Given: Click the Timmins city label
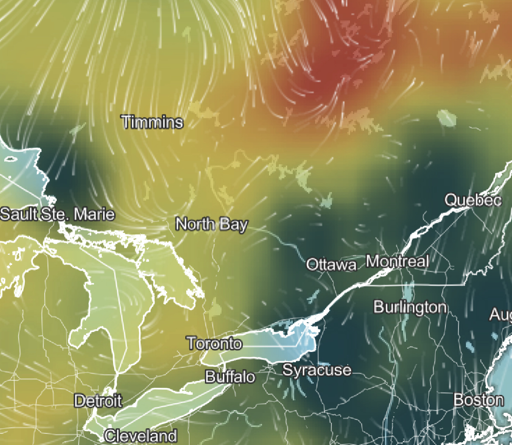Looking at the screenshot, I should click(152, 122).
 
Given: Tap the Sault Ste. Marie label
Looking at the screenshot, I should click(57, 215).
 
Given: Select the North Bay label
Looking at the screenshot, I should click(211, 225).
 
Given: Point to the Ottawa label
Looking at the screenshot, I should click(331, 265).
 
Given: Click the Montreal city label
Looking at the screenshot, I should click(397, 261).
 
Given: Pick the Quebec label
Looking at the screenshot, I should click(473, 200).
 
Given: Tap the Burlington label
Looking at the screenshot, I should click(410, 307).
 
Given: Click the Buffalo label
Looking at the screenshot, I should click(230, 377).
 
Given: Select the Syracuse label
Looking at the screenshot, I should click(317, 370).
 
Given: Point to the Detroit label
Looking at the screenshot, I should click(98, 401).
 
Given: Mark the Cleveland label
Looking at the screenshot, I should click(140, 436).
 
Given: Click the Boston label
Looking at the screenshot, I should click(478, 400).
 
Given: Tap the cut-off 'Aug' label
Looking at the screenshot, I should click(500, 315).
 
